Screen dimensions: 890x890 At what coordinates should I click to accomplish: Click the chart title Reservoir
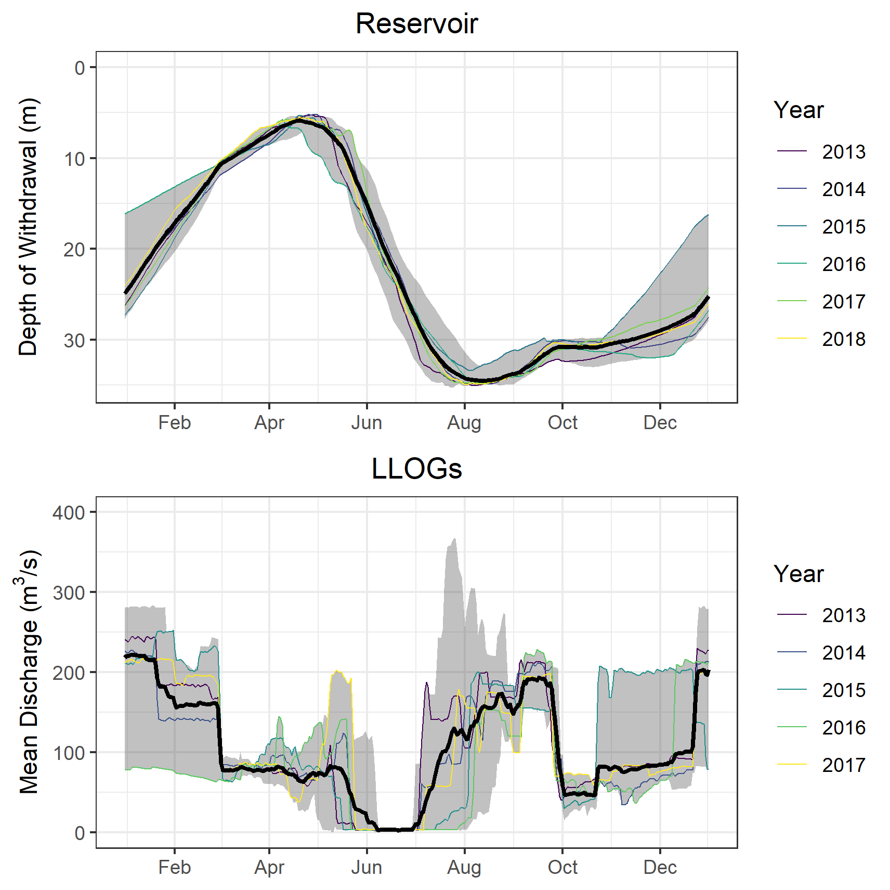click(x=416, y=24)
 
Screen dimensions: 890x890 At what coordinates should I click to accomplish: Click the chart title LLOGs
click(x=416, y=469)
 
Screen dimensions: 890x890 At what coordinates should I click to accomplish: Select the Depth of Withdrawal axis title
click(x=29, y=227)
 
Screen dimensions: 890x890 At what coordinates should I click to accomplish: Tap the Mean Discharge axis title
click(x=29, y=671)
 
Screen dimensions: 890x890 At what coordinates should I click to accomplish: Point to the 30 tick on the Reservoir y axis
click(x=74, y=341)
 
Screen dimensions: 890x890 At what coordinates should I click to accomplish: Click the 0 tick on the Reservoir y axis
click(x=80, y=68)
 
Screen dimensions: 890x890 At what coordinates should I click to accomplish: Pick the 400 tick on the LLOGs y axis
click(x=69, y=513)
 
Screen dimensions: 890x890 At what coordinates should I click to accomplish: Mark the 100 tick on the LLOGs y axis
click(x=69, y=753)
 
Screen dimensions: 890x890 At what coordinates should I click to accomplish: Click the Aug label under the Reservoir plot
click(x=464, y=423)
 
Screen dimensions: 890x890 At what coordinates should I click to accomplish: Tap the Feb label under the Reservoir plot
click(x=175, y=423)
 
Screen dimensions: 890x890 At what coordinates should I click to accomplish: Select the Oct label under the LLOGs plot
click(x=562, y=868)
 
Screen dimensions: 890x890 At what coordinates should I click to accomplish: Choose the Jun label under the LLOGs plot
click(x=367, y=868)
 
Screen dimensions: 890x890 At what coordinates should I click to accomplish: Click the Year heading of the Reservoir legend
click(x=799, y=110)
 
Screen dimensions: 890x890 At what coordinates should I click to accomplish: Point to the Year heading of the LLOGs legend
click(x=799, y=574)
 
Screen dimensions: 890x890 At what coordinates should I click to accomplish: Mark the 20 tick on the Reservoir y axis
click(x=74, y=250)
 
